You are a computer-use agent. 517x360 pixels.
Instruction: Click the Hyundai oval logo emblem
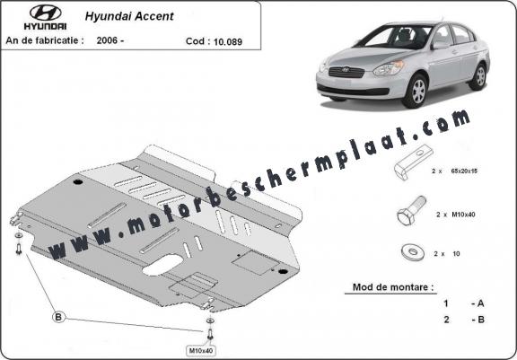click(x=45, y=13)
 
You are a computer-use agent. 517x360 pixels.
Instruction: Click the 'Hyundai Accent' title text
click(x=129, y=16)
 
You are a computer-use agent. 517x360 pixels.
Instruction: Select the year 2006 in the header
click(x=107, y=40)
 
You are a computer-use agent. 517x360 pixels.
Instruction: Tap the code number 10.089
click(x=228, y=41)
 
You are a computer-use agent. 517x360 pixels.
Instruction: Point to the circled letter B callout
click(x=58, y=317)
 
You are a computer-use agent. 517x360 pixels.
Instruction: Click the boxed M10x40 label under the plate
click(x=200, y=350)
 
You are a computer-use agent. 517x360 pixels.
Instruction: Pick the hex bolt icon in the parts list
click(x=411, y=210)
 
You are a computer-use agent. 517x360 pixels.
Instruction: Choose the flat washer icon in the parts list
click(x=413, y=252)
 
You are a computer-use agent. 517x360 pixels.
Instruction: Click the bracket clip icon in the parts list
click(x=413, y=162)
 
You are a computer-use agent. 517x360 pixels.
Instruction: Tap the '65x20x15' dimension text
click(x=463, y=171)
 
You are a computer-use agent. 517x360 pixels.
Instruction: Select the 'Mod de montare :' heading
click(x=393, y=286)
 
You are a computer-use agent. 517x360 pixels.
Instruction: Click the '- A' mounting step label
click(x=478, y=303)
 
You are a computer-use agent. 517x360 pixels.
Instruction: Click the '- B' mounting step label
click(x=478, y=320)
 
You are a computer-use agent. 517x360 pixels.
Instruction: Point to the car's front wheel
click(x=416, y=92)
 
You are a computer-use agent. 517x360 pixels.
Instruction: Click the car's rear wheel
click(x=478, y=76)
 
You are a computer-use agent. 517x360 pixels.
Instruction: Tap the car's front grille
click(x=346, y=72)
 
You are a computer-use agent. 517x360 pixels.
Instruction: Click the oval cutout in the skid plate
click(x=162, y=265)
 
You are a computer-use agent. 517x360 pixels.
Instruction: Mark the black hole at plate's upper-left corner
click(x=78, y=181)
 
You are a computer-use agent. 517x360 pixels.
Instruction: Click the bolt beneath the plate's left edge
click(x=19, y=249)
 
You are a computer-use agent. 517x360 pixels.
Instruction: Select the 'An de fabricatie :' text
click(x=45, y=40)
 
